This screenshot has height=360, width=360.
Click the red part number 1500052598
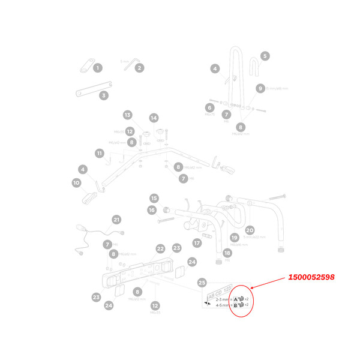(x=310, y=277)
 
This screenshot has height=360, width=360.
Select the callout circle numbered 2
(x=139, y=68)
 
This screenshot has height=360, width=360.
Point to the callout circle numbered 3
(x=104, y=95)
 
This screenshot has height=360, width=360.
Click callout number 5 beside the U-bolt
(x=265, y=56)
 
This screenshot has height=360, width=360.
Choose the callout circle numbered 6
(x=210, y=107)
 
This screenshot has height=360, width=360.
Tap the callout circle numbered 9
(x=260, y=88)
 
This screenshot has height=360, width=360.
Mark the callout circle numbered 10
(x=76, y=182)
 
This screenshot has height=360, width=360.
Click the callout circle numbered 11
(x=99, y=153)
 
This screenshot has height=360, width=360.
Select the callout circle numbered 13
(x=127, y=115)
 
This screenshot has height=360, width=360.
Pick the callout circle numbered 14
(x=154, y=118)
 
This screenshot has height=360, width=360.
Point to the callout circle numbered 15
(x=154, y=198)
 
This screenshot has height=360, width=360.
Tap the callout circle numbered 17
(x=196, y=243)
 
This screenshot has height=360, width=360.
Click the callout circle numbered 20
(x=250, y=230)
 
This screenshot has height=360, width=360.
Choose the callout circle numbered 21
(x=116, y=220)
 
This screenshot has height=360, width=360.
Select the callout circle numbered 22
(x=160, y=248)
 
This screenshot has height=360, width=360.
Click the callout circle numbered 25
(x=202, y=282)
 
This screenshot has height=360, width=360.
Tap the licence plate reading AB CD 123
(x=218, y=296)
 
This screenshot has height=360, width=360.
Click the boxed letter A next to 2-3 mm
(x=236, y=298)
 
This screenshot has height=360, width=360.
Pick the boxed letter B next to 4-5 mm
(x=236, y=305)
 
